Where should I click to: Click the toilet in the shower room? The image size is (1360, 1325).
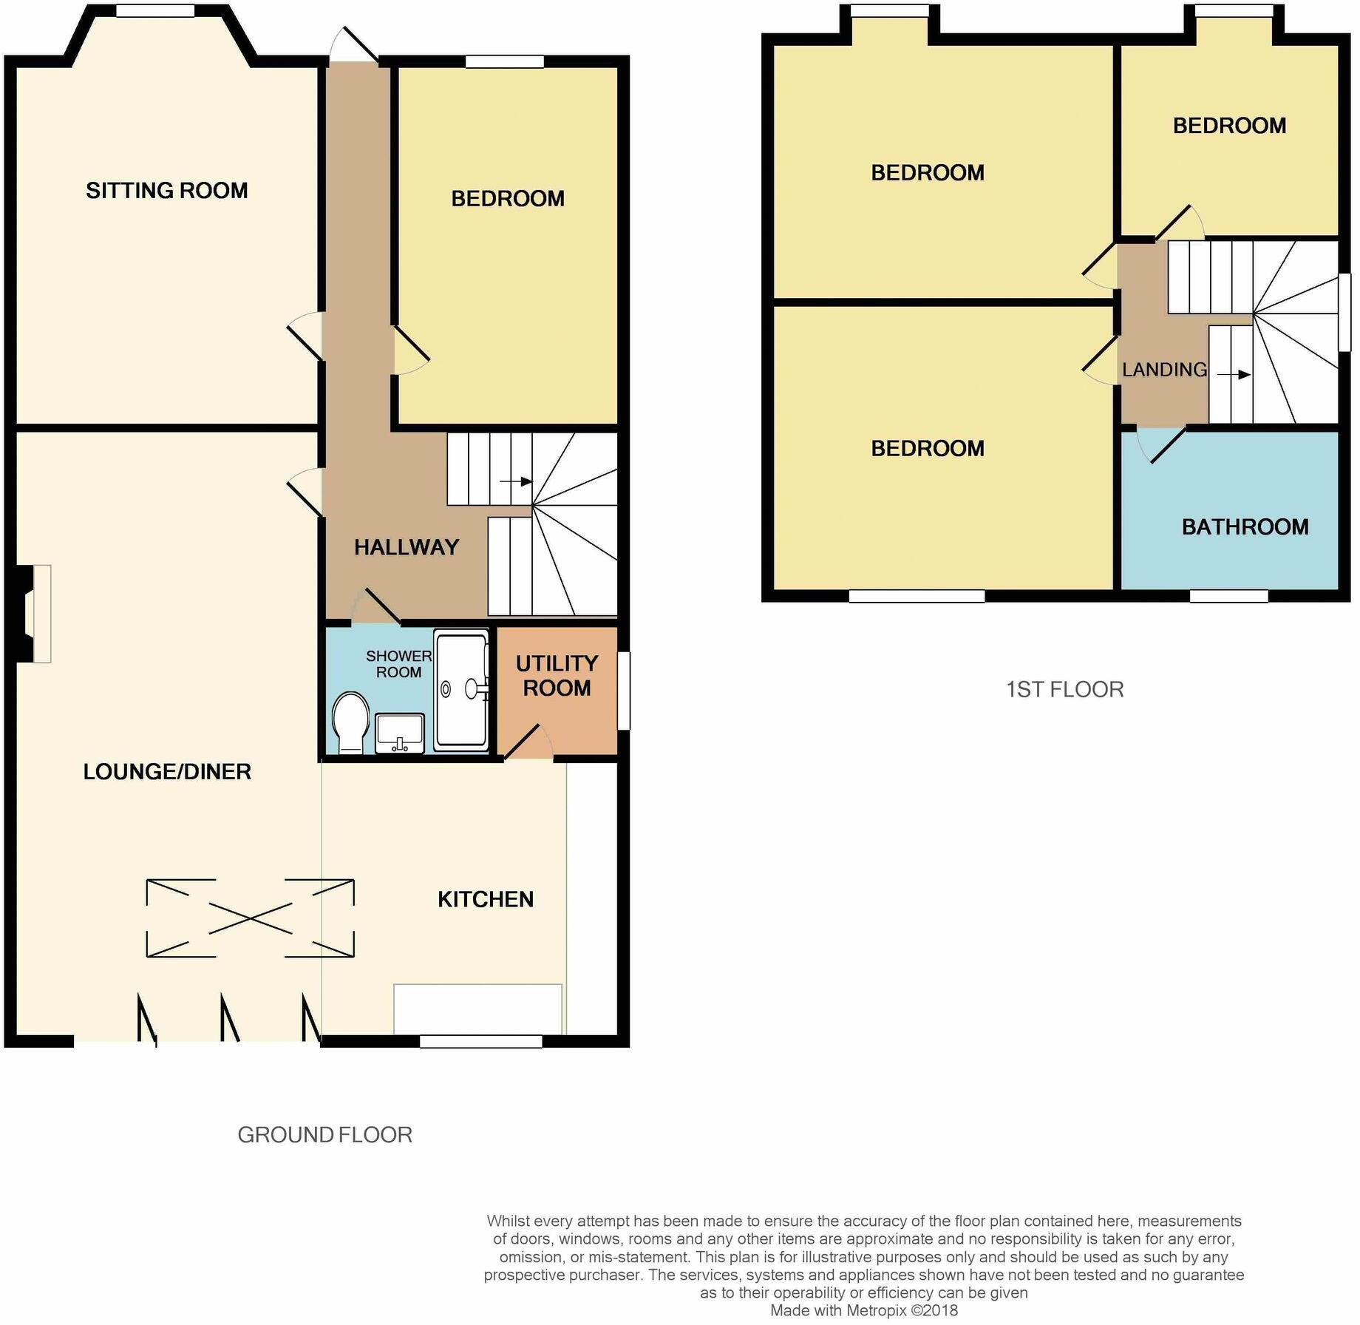pyautogui.click(x=350, y=723)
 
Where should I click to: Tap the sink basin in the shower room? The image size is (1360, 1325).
pyautogui.click(x=400, y=732)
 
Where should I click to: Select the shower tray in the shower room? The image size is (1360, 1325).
pyautogui.click(x=461, y=689)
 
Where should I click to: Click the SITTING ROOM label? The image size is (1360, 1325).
pyautogui.click(x=166, y=191)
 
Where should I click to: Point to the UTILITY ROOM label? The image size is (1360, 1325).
pyautogui.click(x=557, y=676)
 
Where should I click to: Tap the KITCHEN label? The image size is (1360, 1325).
pyautogui.click(x=486, y=899)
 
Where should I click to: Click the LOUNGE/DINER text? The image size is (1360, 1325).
pyautogui.click(x=167, y=772)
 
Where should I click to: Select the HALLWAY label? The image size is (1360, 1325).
pyautogui.click(x=407, y=547)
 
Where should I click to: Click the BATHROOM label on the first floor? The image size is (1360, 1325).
pyautogui.click(x=1245, y=527)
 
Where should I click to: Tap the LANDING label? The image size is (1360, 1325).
pyautogui.click(x=1164, y=370)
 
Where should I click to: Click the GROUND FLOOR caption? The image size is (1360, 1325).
pyautogui.click(x=324, y=1135)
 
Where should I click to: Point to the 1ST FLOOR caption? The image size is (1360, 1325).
pyautogui.click(x=1064, y=690)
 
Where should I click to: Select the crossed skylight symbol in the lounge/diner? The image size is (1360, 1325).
pyautogui.click(x=250, y=918)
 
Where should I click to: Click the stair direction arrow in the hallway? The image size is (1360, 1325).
pyautogui.click(x=516, y=482)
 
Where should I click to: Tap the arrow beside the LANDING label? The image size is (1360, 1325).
pyautogui.click(x=1234, y=375)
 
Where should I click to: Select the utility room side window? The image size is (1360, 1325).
pyautogui.click(x=623, y=691)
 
